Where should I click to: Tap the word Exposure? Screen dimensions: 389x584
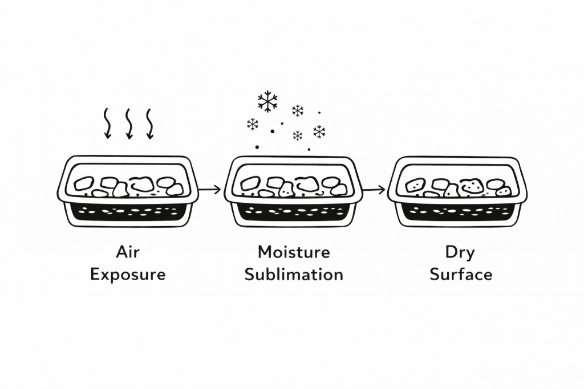tap(128, 275)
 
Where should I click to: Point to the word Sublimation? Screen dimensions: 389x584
tap(294, 275)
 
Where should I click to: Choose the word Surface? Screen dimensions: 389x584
tap(461, 275)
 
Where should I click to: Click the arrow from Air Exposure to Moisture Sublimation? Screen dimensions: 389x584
tap(211, 189)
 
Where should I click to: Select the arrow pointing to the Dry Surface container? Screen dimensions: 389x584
tap(374, 189)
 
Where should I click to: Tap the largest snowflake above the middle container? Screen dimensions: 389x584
tap(267, 101)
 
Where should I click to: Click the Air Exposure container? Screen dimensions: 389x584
tap(128, 190)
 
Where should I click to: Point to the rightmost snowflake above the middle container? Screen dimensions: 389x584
tap(319, 132)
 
